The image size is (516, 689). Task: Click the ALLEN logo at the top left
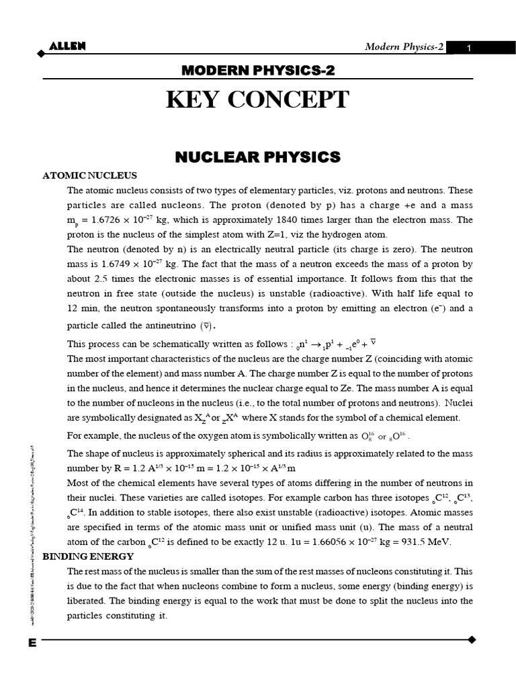click(67, 46)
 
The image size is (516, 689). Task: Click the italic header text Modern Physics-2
click(404, 46)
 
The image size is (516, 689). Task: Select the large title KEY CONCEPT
click(258, 100)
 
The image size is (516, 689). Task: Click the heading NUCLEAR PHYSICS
click(258, 157)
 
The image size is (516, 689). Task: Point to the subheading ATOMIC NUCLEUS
click(90, 176)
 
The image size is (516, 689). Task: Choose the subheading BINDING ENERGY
click(88, 556)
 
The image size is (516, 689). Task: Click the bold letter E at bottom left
click(32, 643)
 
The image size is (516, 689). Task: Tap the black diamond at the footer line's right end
click(472, 639)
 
